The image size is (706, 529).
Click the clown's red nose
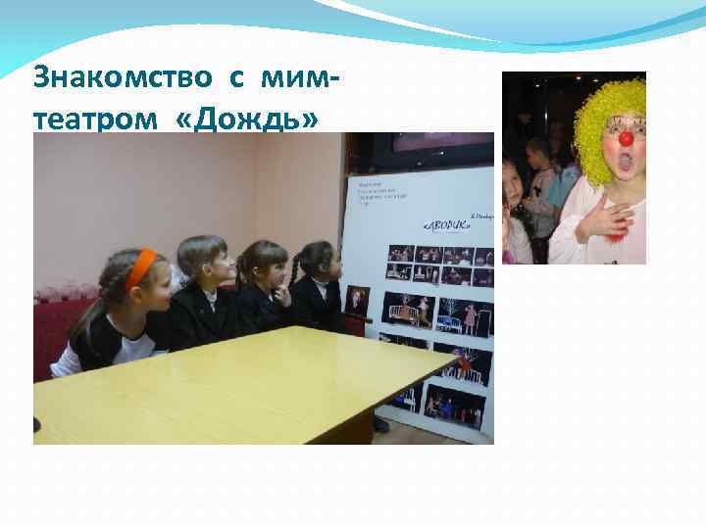pyautogui.click(x=626, y=140)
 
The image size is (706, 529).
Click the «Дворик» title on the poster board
pyautogui.click(x=445, y=222)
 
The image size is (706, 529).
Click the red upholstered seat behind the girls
pyautogui.click(x=59, y=323)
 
